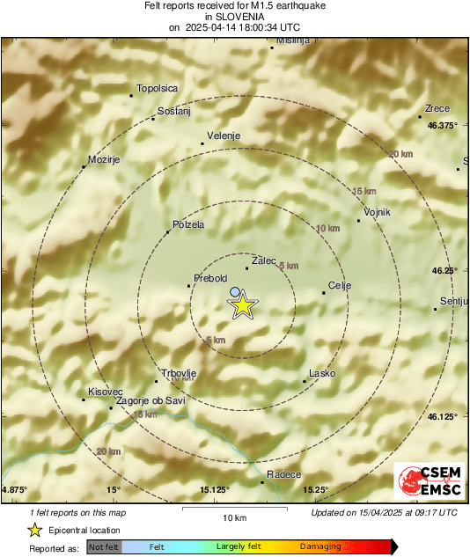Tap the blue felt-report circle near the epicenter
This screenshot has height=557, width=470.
[234, 291]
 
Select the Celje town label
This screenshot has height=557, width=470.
[339, 285]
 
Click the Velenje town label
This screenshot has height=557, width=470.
[223, 136]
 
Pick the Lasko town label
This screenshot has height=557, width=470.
[323, 373]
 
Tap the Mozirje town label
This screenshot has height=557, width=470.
[103, 159]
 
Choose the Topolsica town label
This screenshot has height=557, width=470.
[157, 89]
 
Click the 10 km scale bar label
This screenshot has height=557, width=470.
[233, 517]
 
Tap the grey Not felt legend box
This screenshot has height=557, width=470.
[104, 546]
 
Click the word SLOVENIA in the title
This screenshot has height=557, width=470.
[234, 16]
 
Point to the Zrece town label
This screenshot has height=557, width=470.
[437, 108]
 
